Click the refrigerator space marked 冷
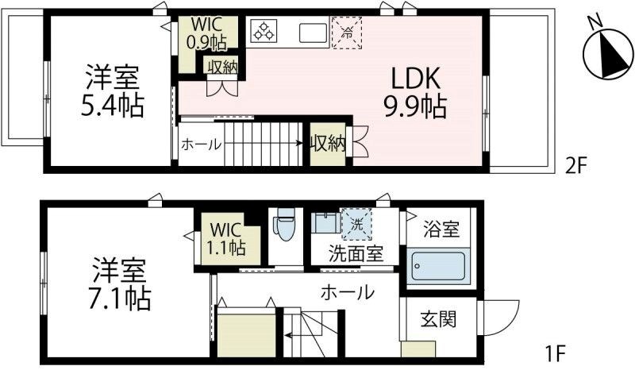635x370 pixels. tap(346, 33)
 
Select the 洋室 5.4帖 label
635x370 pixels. tap(114, 91)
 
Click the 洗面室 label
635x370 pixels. tap(357, 254)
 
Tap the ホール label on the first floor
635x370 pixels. tap(347, 292)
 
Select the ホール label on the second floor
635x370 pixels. tap(201, 145)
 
